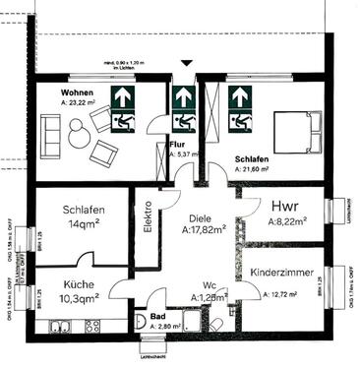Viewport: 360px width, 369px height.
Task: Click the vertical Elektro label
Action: coord(149,219)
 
